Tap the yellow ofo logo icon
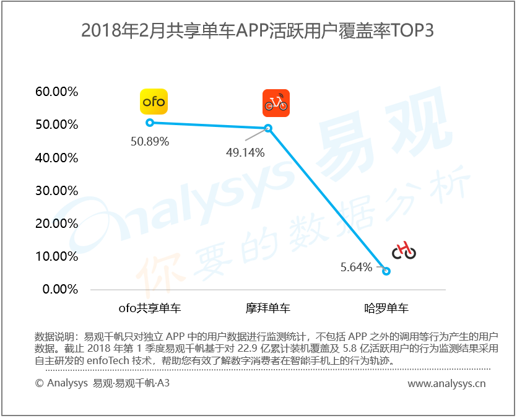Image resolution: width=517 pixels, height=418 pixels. pos(153,102)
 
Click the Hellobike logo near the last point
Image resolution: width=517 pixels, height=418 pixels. pos(404,250)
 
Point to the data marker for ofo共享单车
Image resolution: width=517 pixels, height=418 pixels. pos(149,123)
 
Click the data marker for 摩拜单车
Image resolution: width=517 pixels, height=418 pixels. pos(268,128)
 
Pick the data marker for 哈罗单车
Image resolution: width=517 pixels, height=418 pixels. pos(386,271)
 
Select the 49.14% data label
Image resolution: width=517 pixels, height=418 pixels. pos(245,152)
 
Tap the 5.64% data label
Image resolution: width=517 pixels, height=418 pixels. pos(356,268)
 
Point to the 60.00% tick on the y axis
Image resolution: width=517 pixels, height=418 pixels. pos(56,92)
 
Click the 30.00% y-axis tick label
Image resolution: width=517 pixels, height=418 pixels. pos(56,191)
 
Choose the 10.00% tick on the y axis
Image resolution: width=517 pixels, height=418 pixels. pos(56,256)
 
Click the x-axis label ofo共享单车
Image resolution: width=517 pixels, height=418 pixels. pos(149,308)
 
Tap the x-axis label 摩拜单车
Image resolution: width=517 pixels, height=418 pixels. pos(268,308)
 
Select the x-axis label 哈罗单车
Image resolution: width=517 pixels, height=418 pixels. pos(386,308)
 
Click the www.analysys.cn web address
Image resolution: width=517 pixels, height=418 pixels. pos(446,384)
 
